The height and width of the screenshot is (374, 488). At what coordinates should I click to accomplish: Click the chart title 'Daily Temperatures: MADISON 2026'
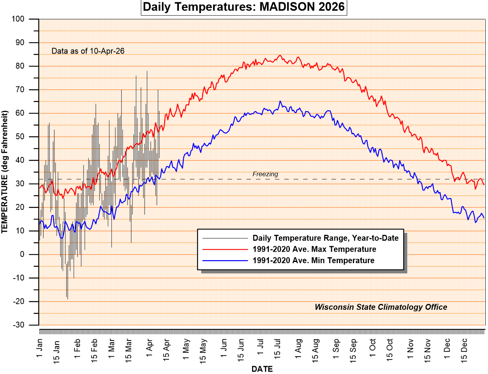click(244, 7)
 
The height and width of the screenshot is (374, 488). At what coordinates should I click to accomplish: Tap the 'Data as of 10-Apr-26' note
click(88, 51)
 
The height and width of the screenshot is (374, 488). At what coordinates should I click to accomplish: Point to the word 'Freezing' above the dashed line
click(265, 174)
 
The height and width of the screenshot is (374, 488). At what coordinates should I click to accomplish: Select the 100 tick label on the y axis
click(30, 19)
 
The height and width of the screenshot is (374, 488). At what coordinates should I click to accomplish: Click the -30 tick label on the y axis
click(30, 325)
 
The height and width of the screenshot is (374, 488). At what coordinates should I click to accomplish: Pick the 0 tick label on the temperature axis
click(33, 255)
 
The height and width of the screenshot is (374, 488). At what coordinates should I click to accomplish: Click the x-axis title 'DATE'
click(262, 369)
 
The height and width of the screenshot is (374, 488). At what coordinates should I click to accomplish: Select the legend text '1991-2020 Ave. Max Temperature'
click(314, 249)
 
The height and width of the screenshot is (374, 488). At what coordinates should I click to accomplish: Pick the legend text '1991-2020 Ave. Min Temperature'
click(313, 260)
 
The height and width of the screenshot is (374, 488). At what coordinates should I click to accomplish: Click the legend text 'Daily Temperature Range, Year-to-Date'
click(325, 238)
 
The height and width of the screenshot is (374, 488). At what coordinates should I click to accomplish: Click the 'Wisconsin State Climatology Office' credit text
click(380, 307)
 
